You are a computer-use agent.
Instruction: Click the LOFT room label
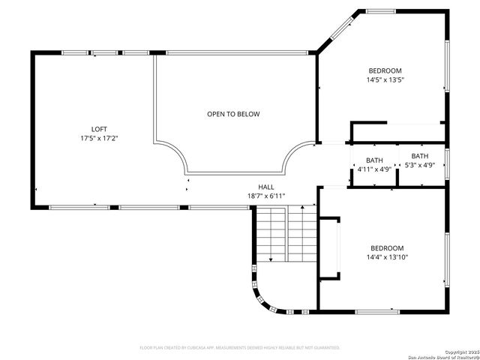pyautogui.click(x=99, y=129)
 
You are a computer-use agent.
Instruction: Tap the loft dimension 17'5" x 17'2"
pyautogui.click(x=99, y=139)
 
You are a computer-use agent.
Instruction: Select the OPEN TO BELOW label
pyautogui.click(x=233, y=114)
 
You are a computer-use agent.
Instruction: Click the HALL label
pyautogui.click(x=266, y=187)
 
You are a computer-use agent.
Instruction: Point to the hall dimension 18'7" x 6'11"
pyautogui.click(x=266, y=196)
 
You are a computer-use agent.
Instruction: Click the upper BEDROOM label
pyautogui.click(x=385, y=70)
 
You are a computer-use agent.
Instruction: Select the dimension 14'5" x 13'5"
pyautogui.click(x=385, y=79)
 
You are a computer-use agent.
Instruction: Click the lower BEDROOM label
pyautogui.click(x=387, y=248)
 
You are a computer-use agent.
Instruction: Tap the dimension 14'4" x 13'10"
pyautogui.click(x=387, y=257)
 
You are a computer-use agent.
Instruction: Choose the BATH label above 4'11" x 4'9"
pyautogui.click(x=374, y=160)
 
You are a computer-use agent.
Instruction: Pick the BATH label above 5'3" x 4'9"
pyautogui.click(x=420, y=155)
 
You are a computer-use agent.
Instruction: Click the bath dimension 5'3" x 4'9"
pyautogui.click(x=420, y=165)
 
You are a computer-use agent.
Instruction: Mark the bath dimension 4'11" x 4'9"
pyautogui.click(x=374, y=169)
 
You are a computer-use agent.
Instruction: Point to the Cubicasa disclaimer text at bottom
pyautogui.click(x=240, y=347)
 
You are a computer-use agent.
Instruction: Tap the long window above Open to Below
pyautogui.click(x=236, y=52)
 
